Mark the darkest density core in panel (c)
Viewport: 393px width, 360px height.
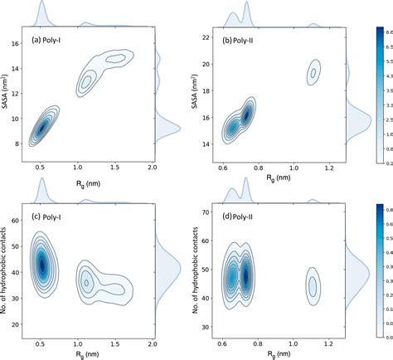(x=42, y=265)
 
